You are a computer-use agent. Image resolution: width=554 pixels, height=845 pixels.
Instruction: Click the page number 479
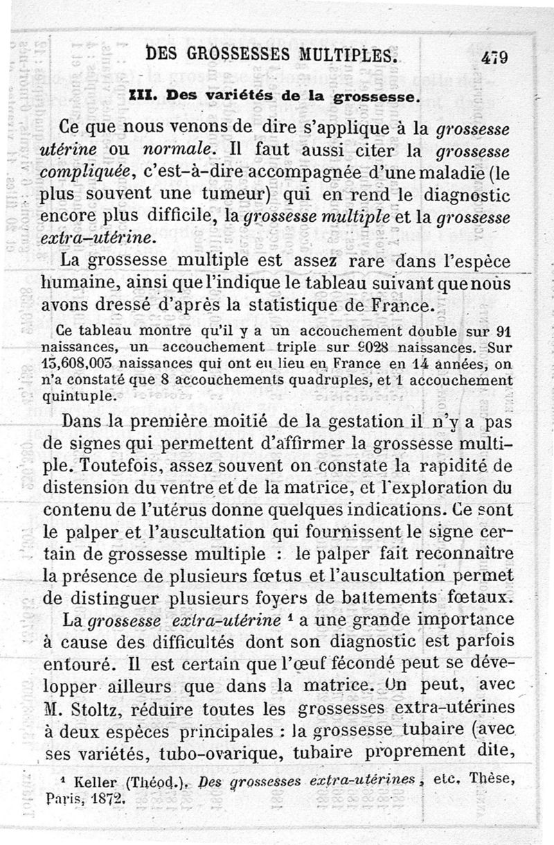[494, 57]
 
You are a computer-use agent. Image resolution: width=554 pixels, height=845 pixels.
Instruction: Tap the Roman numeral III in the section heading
[140, 97]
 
